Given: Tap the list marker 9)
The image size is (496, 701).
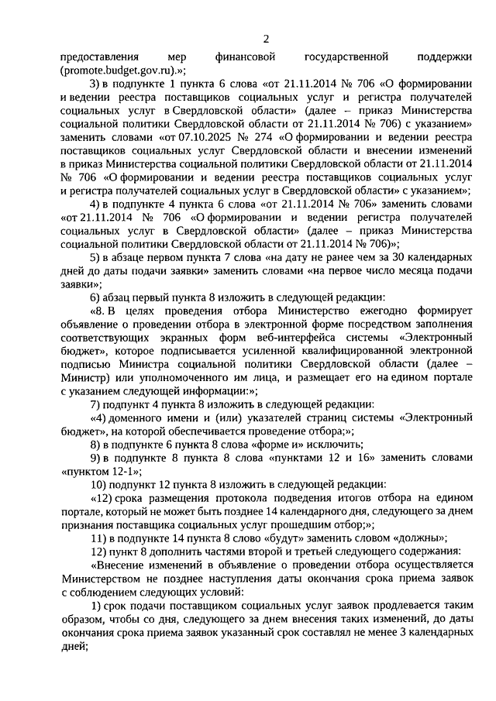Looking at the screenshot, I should click(x=97, y=457).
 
